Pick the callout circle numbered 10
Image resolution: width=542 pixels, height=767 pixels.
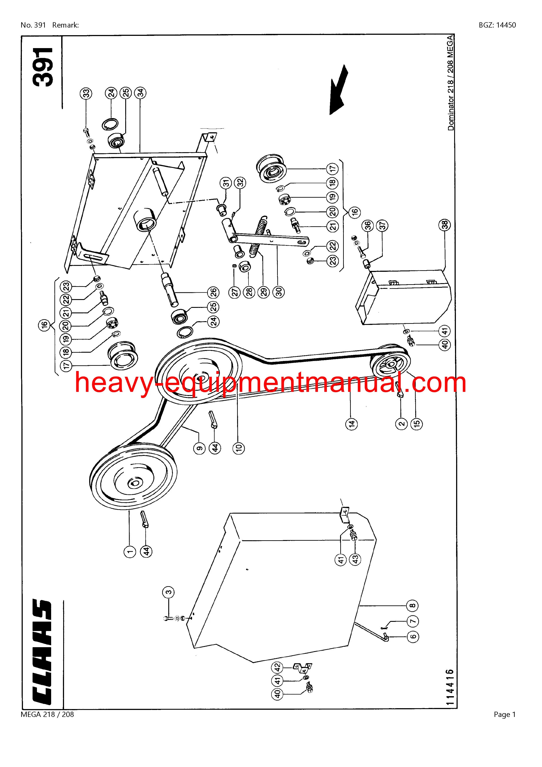coord(239,447)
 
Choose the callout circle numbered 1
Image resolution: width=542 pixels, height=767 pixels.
coord(130,551)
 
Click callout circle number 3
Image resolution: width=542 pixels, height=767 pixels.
coord(169,592)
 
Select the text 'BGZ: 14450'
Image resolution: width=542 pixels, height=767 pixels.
coord(497,25)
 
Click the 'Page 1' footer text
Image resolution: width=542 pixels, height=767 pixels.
coord(505,730)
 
